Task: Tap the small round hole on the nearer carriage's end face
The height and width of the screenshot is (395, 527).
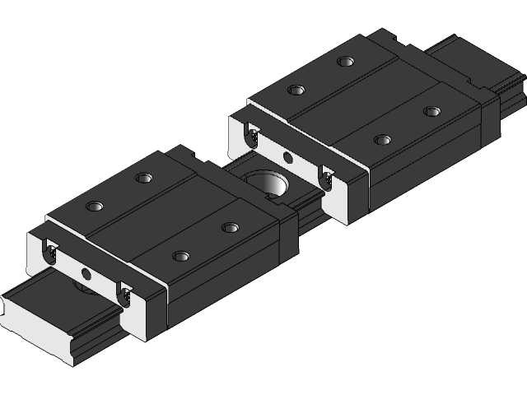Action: coord(86,272)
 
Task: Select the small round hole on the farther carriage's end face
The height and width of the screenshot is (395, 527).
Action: coord(287,157)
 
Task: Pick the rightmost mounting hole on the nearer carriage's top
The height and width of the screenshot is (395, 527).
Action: coord(230,227)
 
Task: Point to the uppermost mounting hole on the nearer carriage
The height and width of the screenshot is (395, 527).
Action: coord(145,177)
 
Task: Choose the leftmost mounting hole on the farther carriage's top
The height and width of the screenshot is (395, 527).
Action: coord(294,91)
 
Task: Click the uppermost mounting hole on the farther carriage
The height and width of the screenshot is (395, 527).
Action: coord(344,61)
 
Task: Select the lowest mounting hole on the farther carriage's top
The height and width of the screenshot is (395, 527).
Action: coord(380,140)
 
